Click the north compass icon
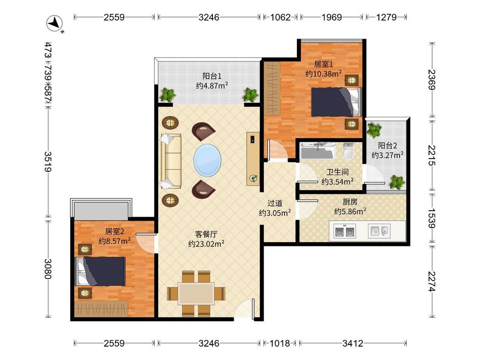coord(55,23)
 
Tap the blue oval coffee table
coord(207,160)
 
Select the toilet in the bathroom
coord(348,151)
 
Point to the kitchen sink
coord(379,231)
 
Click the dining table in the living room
coord(196,293)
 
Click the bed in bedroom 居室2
coord(100,271)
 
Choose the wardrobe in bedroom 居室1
coord(272,88)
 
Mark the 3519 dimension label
coord(47,161)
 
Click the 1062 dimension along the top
coord(280,17)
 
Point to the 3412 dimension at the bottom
coord(353,343)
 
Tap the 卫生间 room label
coord(337,172)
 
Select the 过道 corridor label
coord(275,203)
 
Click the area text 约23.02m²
coord(206,244)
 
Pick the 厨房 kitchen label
coord(350,202)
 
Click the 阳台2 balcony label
coord(387,145)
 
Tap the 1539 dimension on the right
coord(431,218)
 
